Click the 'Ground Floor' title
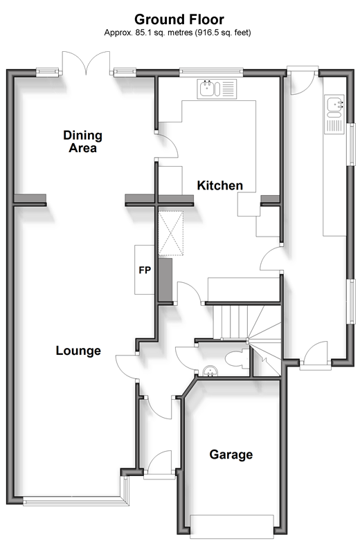(179, 19)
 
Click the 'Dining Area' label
(82, 141)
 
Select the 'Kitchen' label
(220, 185)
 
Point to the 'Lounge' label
(78, 351)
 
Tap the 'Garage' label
(231, 454)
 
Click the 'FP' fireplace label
(145, 270)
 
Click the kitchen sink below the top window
(217, 88)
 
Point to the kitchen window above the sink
(210, 70)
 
